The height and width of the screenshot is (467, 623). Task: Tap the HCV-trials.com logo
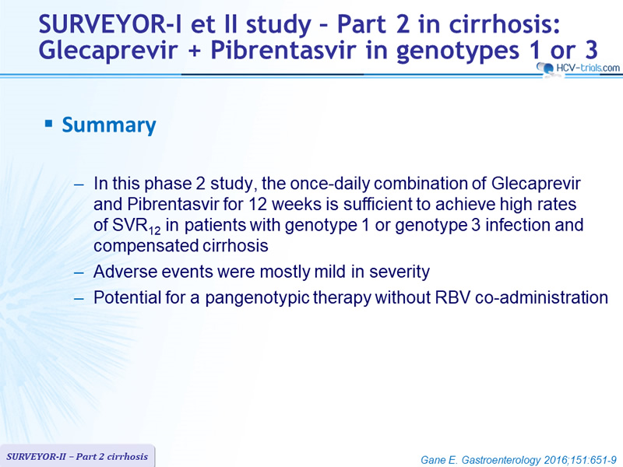pyautogui.click(x=579, y=68)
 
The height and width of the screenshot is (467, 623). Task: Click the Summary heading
pyautogui.click(x=109, y=125)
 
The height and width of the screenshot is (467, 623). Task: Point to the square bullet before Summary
pyautogui.click(x=48, y=124)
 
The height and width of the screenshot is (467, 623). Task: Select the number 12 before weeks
pyautogui.click(x=258, y=204)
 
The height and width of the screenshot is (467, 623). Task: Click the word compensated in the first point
pyautogui.click(x=146, y=246)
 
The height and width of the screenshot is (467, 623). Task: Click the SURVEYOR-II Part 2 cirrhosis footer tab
pyautogui.click(x=77, y=456)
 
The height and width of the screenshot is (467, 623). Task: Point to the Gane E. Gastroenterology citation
pyautogui.click(x=519, y=460)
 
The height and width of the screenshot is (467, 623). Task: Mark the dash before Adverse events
pyautogui.click(x=79, y=273)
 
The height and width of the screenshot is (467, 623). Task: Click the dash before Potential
pyautogui.click(x=79, y=299)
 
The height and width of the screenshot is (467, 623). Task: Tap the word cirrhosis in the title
pyautogui.click(x=505, y=24)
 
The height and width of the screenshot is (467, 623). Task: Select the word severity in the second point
pyautogui.click(x=399, y=272)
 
